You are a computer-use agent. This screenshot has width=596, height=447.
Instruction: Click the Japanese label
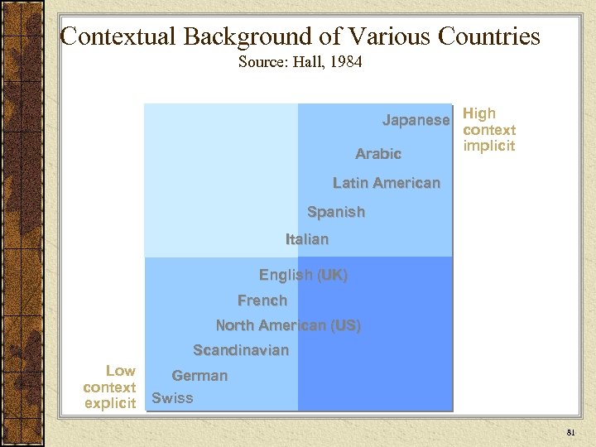click(416, 121)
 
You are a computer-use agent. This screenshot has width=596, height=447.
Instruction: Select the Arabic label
click(378, 154)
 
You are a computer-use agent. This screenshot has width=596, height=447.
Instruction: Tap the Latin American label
click(387, 183)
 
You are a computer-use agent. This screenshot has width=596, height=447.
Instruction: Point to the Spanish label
click(335, 212)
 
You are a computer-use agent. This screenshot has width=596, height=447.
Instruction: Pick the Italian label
click(307, 239)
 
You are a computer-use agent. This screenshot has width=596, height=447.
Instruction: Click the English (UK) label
click(303, 275)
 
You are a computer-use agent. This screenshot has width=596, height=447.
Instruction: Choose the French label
click(262, 300)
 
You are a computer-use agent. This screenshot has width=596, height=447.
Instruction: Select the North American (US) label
click(288, 325)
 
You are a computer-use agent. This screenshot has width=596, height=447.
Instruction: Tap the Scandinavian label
click(241, 350)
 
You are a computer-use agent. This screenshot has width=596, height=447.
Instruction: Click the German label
click(199, 376)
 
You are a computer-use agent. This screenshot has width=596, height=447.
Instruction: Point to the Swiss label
click(172, 398)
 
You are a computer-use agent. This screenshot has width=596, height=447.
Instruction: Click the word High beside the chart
click(479, 113)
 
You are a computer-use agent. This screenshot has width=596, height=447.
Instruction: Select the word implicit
click(489, 147)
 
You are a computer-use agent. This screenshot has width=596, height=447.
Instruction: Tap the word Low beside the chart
click(121, 371)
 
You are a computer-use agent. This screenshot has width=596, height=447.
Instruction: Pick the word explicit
click(110, 404)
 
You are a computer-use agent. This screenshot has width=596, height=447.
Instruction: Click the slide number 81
click(570, 433)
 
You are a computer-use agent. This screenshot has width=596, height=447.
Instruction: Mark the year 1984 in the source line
click(346, 62)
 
